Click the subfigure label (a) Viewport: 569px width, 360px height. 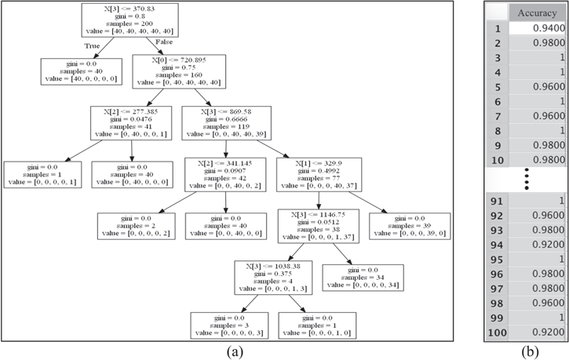[x=233, y=351]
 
